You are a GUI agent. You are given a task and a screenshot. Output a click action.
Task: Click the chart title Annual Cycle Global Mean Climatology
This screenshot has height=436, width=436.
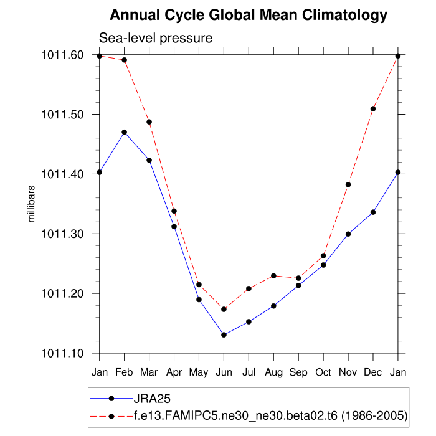pyautogui.click(x=249, y=15)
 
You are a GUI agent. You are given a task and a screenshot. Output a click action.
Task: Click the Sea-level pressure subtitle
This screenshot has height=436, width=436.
pyautogui.click(x=156, y=38)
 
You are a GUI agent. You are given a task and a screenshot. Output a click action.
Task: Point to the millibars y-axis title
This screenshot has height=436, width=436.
pyautogui.click(x=32, y=204)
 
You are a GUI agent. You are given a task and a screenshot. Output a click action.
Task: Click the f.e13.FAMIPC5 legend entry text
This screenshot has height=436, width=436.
pyautogui.click(x=270, y=415)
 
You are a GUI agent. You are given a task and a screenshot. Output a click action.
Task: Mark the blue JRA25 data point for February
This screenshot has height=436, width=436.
pyautogui.click(x=125, y=132)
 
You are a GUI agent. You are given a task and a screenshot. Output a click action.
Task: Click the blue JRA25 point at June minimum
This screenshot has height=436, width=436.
pyautogui.click(x=224, y=335)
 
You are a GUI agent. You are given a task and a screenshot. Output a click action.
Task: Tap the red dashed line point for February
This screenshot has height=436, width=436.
pyautogui.click(x=125, y=60)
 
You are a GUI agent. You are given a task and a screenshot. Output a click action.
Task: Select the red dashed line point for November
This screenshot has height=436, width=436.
pyautogui.click(x=348, y=184)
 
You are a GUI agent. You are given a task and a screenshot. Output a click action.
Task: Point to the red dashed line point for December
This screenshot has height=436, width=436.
pyautogui.click(x=373, y=108)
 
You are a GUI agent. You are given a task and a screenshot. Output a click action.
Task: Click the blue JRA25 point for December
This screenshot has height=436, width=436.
pyautogui.click(x=373, y=212)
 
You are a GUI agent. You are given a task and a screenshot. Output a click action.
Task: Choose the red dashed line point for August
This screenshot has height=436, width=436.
pyautogui.click(x=273, y=275)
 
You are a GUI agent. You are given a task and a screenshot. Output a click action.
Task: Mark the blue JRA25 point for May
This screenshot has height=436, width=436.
pyautogui.click(x=199, y=300)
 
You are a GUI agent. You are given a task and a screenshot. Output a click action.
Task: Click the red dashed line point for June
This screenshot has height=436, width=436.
pyautogui.click(x=224, y=309)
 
